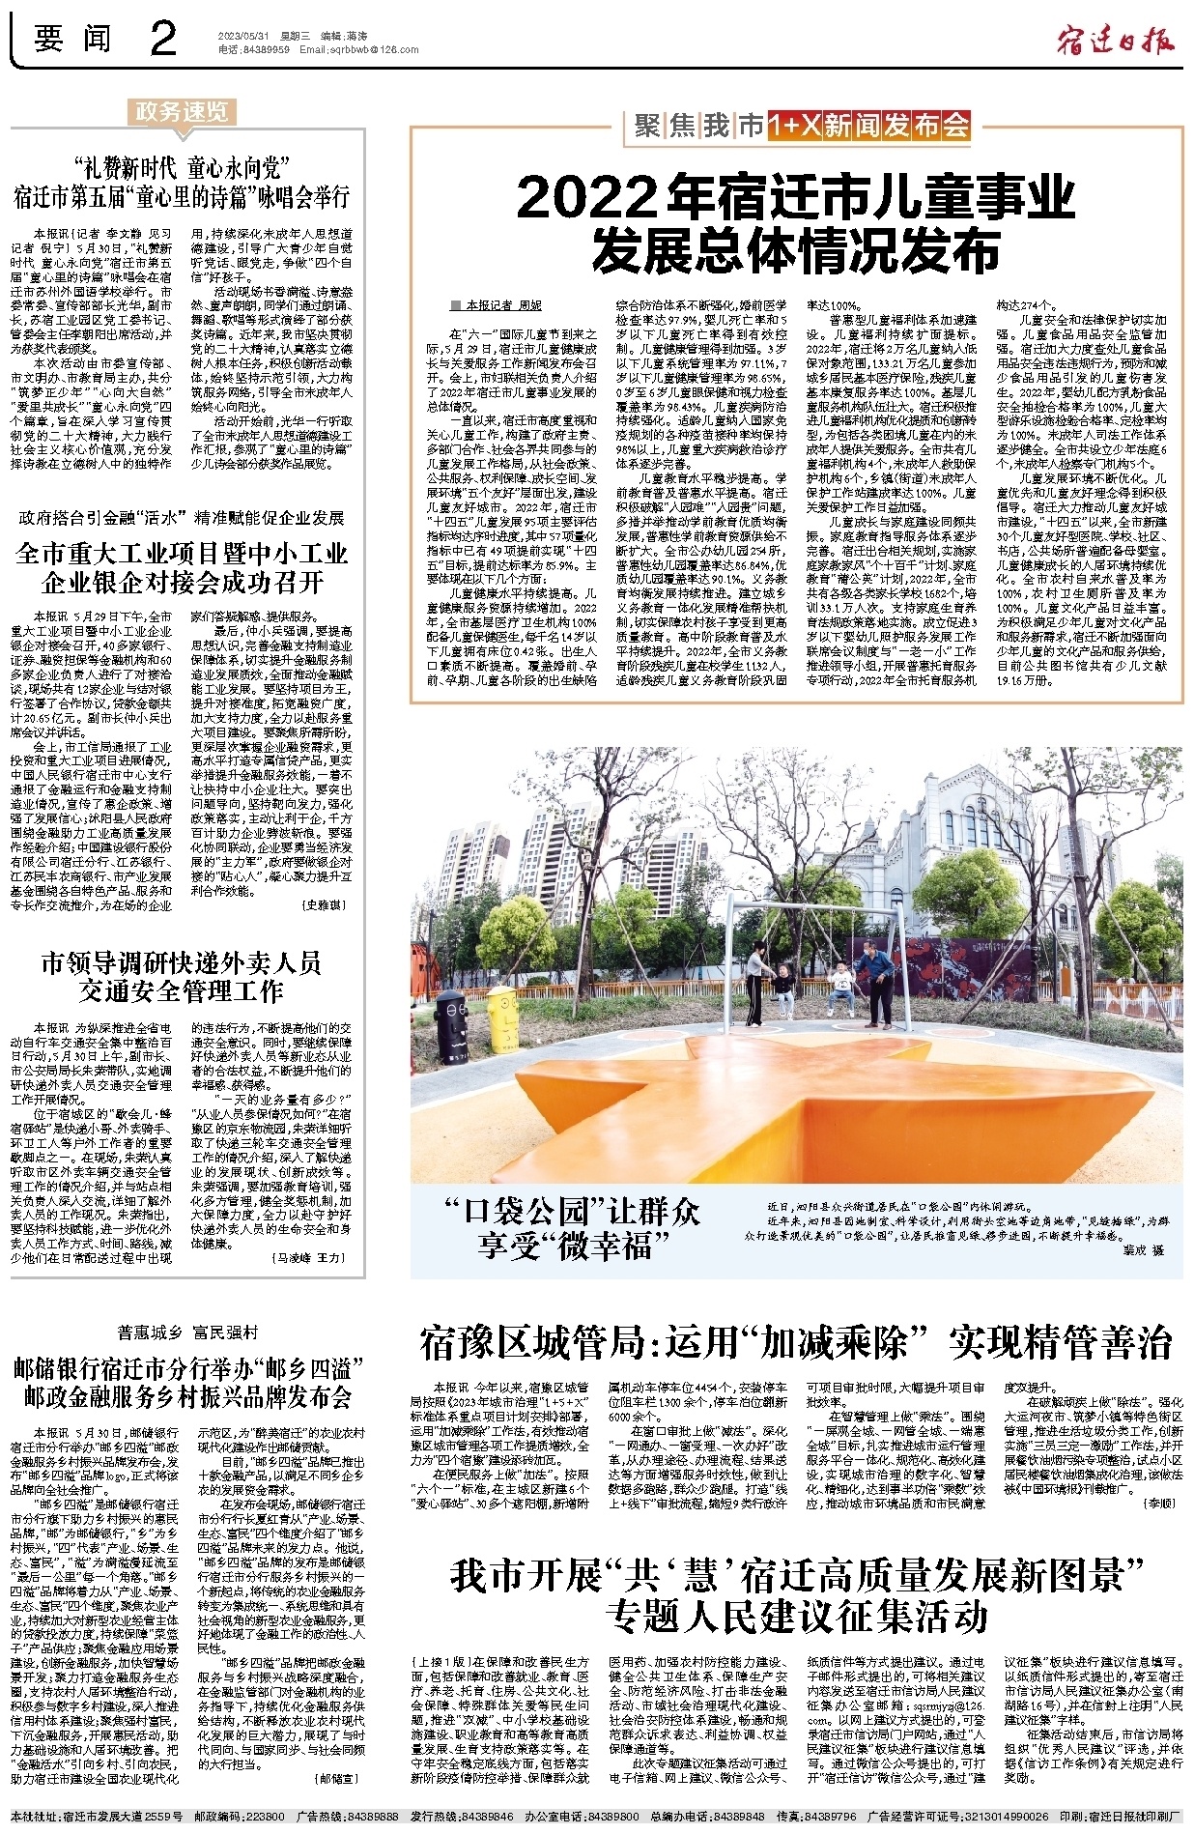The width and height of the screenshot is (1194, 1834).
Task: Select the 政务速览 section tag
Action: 181,112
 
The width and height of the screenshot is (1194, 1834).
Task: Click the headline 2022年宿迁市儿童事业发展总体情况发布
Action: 796,224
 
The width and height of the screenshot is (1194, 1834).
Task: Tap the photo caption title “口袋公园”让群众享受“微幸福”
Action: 569,1227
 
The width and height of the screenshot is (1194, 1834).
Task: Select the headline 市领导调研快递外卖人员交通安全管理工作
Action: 182,977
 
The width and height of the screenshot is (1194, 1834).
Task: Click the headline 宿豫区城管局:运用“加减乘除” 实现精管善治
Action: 796,1342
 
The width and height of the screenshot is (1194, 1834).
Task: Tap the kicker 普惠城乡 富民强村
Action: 187,1333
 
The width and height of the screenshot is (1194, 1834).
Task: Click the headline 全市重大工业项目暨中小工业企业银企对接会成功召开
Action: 182,568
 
